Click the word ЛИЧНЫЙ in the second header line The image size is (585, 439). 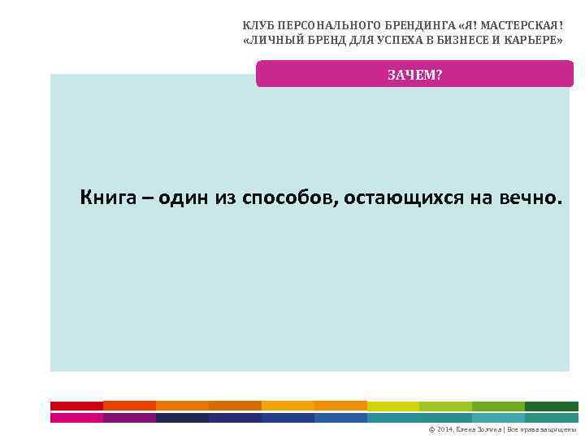[270, 40]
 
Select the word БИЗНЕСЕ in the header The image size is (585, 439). [450, 40]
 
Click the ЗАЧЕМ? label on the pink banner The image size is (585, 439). [414, 75]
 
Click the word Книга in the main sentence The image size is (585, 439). [103, 198]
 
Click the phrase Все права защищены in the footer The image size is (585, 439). [541, 429]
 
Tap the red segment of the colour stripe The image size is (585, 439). [76, 406]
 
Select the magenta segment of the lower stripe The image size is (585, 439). [76, 418]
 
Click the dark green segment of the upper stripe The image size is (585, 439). [551, 406]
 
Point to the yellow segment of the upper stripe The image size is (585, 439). [393, 406]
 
